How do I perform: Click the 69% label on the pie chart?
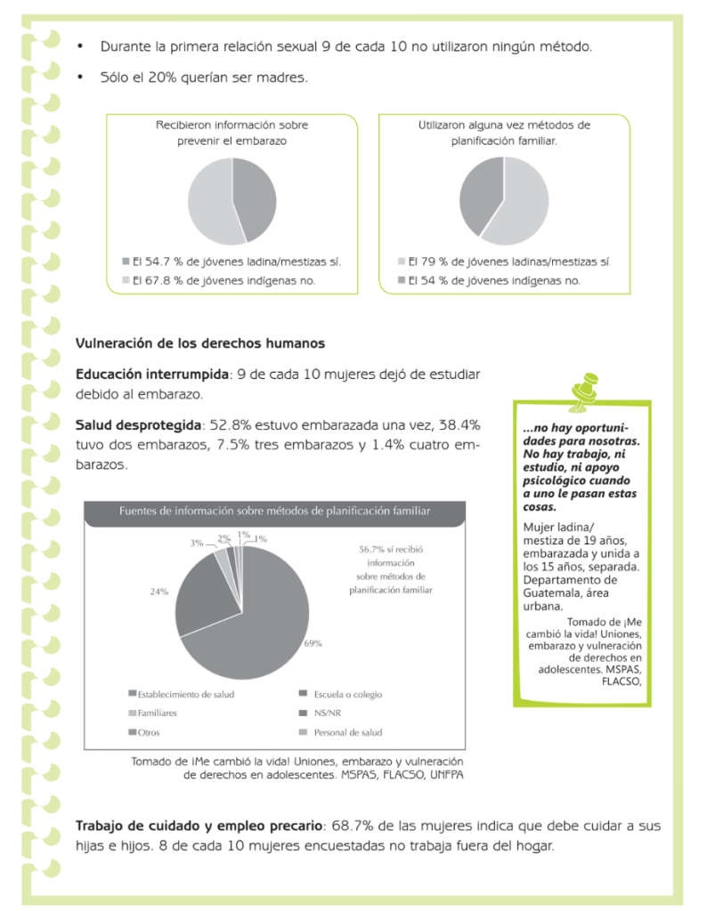pyautogui.click(x=313, y=643)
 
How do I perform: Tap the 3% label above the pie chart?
pyautogui.click(x=197, y=542)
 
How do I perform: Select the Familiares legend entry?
pyautogui.click(x=156, y=713)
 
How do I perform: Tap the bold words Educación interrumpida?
pyautogui.click(x=152, y=374)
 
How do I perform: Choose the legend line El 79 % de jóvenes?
pyautogui.click(x=503, y=262)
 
